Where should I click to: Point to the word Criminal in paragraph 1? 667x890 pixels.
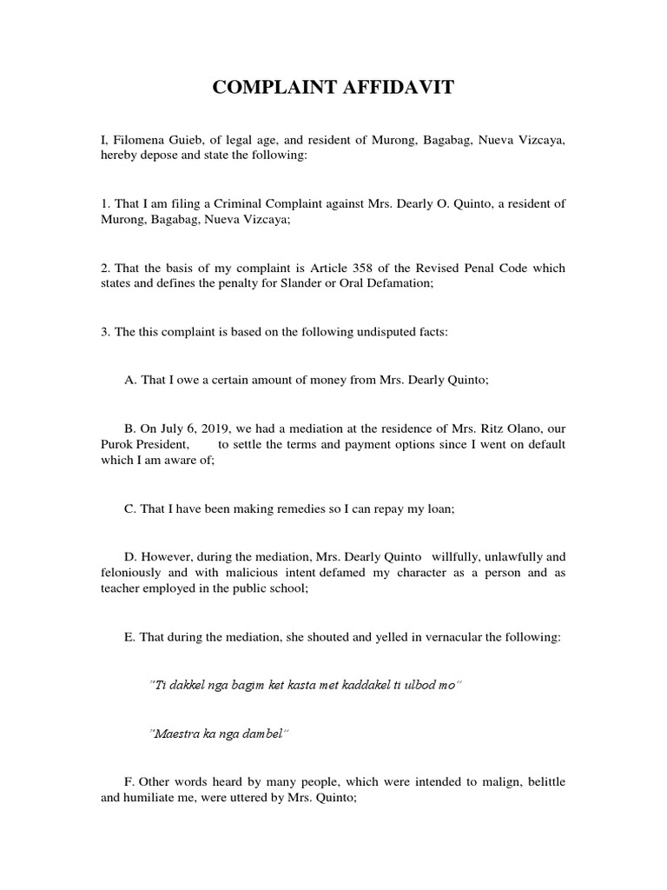coord(262,204)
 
